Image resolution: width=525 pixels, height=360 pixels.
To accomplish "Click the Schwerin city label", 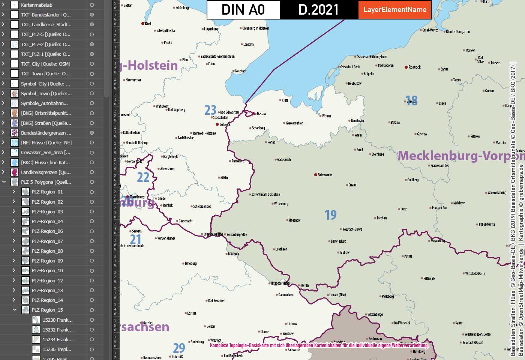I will click(325, 175).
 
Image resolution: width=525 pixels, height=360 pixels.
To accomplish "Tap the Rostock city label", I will click(414, 67).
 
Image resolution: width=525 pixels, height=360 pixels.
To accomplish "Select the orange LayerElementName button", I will click(394, 10).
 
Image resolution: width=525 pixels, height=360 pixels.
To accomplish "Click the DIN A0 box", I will click(243, 10).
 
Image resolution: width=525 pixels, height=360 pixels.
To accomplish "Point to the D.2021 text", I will click(318, 10).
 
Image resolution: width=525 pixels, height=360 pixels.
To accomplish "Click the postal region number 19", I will click(330, 215).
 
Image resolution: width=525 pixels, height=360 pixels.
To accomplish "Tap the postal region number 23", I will click(210, 110).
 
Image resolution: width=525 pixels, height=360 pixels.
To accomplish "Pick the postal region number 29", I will click(179, 348).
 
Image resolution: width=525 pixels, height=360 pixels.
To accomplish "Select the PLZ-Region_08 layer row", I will click(47, 251).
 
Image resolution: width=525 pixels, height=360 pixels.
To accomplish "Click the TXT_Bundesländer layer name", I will click(45, 15).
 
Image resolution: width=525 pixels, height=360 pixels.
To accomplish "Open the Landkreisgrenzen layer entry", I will click(45, 172).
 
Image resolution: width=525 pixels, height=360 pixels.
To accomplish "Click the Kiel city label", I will click(148, 23).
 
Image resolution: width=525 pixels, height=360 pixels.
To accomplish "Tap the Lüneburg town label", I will click(190, 263).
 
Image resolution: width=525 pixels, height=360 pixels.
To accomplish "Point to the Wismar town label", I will click(327, 116).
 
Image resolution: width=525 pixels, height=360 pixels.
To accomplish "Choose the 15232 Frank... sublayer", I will click(57, 330).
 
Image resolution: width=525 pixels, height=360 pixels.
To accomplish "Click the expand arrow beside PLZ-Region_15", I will click(15, 310).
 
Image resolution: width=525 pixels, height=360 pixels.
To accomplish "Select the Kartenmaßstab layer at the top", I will click(36, 5).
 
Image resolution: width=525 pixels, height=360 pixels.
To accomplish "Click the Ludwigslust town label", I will click(338, 241).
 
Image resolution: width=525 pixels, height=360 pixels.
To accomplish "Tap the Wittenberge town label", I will click(375, 314).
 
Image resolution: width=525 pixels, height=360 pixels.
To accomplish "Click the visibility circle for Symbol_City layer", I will click(91, 84).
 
